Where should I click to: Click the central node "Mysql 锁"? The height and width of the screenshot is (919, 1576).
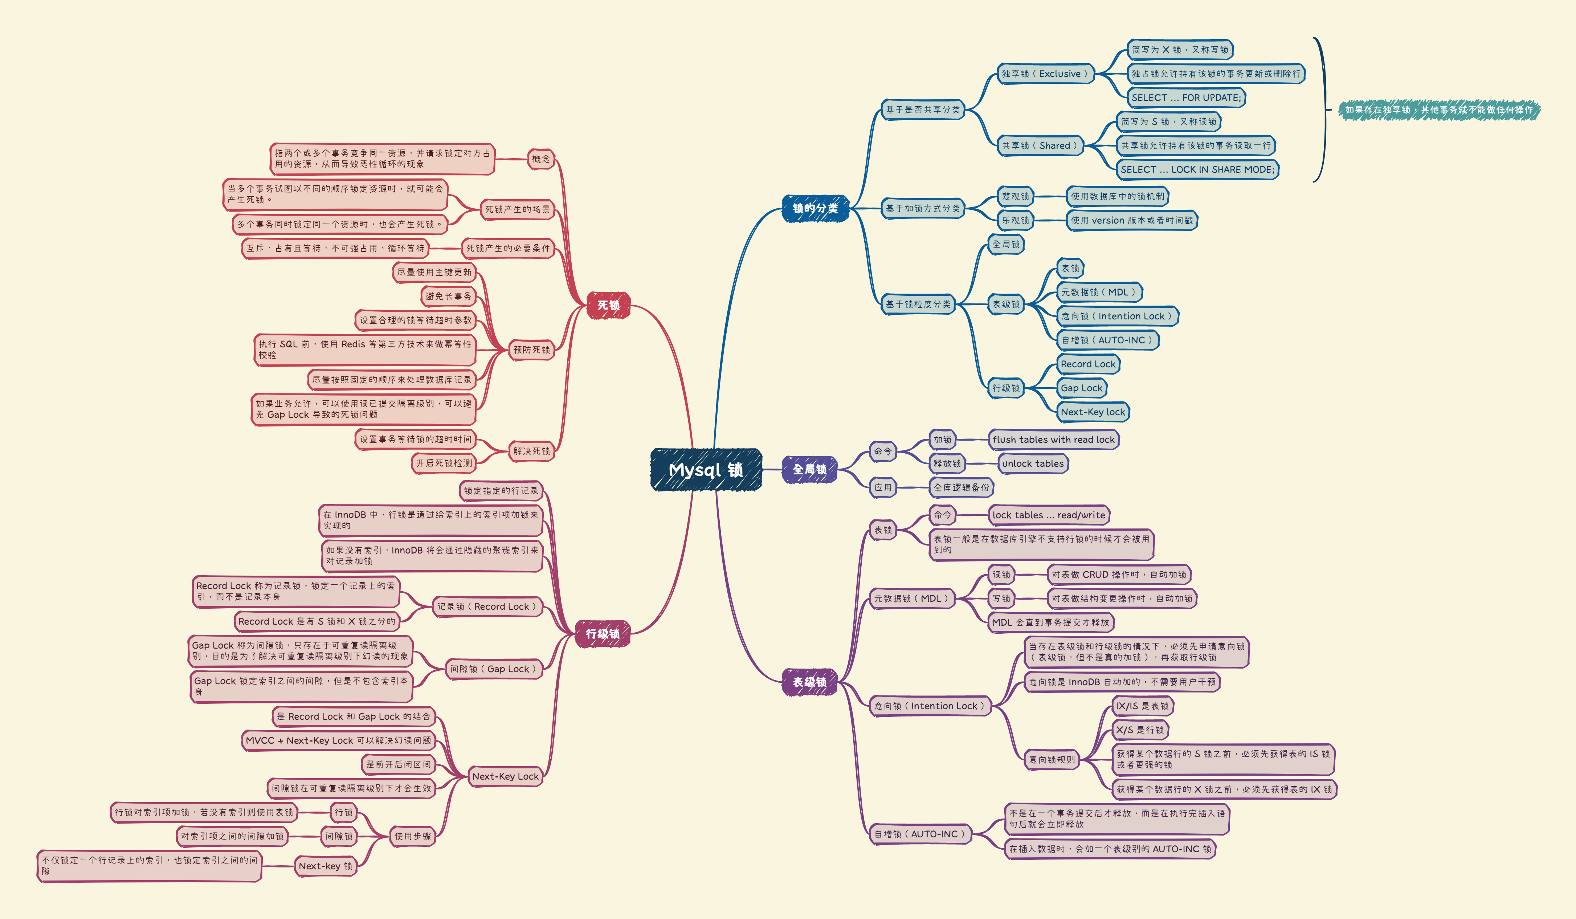click(x=706, y=470)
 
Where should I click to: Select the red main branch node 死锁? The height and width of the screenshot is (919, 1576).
click(x=608, y=305)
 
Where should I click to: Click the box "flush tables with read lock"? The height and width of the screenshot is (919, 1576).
click(x=1053, y=440)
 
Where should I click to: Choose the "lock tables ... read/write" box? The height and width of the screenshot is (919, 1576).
click(x=1048, y=515)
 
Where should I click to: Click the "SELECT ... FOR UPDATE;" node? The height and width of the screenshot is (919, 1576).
click(x=1186, y=98)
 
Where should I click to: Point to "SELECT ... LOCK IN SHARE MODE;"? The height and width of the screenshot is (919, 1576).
click(x=1197, y=169)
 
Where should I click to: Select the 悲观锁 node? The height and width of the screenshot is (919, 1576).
click(x=1015, y=196)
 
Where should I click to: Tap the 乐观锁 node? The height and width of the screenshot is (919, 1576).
click(x=1015, y=220)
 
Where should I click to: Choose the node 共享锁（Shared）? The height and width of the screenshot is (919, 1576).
click(x=1040, y=146)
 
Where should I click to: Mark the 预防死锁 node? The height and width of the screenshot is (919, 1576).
click(x=532, y=350)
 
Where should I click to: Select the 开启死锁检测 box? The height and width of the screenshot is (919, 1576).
click(x=444, y=463)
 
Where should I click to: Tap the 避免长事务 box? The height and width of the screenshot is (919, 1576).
click(x=448, y=296)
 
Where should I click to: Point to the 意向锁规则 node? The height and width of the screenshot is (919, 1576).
click(x=1052, y=760)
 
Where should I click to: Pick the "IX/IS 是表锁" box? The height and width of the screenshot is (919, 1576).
click(x=1142, y=706)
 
